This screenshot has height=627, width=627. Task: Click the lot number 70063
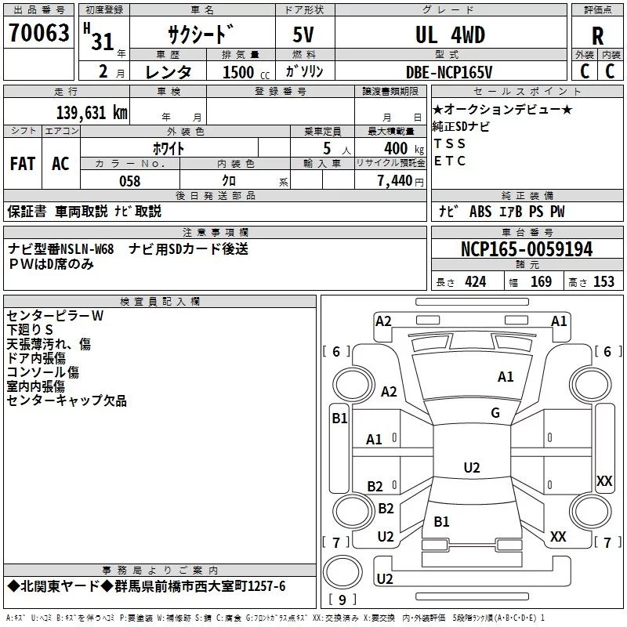click(38, 32)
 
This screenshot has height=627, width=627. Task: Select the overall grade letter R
click(597, 36)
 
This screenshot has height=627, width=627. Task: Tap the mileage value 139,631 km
click(92, 113)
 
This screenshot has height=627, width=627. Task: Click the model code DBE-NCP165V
click(449, 72)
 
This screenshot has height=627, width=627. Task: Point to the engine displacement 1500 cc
click(246, 72)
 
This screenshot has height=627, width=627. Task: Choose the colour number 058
click(130, 181)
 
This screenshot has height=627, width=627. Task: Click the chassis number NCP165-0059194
click(527, 249)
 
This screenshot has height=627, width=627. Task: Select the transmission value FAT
click(23, 164)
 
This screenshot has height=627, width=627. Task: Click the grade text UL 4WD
click(450, 34)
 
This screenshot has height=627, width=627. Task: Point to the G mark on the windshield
click(495, 413)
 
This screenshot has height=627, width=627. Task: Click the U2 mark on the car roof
click(472, 467)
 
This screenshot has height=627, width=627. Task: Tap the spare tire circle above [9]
click(342, 572)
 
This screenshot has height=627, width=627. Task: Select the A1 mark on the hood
click(506, 377)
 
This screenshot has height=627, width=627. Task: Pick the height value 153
click(603, 281)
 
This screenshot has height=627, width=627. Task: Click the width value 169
click(541, 281)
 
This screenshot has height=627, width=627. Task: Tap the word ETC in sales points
click(449, 161)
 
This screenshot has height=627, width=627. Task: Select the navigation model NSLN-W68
click(86, 249)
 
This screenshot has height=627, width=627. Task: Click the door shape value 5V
click(303, 34)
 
